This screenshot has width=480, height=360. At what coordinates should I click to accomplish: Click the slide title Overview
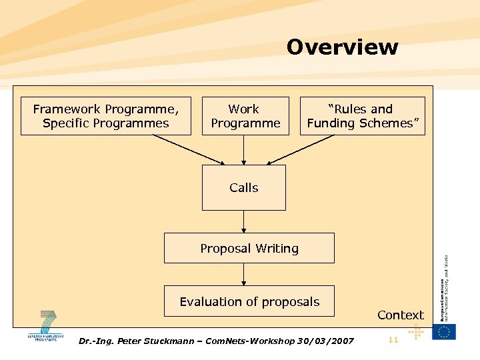click(x=342, y=47)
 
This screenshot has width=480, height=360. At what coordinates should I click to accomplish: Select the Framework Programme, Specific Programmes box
click(x=105, y=116)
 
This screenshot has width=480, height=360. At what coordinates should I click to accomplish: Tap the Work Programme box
click(x=245, y=116)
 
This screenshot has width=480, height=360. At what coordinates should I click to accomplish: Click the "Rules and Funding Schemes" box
click(x=362, y=116)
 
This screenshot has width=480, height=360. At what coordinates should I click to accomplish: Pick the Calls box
click(x=243, y=188)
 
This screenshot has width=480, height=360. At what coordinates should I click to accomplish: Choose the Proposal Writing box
click(x=249, y=248)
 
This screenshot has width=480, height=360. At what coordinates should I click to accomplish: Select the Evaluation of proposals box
click(x=249, y=302)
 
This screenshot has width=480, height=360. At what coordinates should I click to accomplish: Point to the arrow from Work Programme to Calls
click(x=244, y=150)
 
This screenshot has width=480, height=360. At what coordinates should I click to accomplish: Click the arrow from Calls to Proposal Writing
click(x=244, y=221)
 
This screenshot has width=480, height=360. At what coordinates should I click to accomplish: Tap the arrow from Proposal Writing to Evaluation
click(x=244, y=274)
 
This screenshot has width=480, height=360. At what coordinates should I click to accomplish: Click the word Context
click(x=400, y=315)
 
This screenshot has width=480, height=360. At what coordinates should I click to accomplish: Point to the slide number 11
click(x=393, y=340)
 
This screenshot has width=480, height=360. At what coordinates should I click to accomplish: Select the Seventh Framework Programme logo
click(x=47, y=327)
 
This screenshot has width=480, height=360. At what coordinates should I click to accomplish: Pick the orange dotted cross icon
click(x=415, y=332)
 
